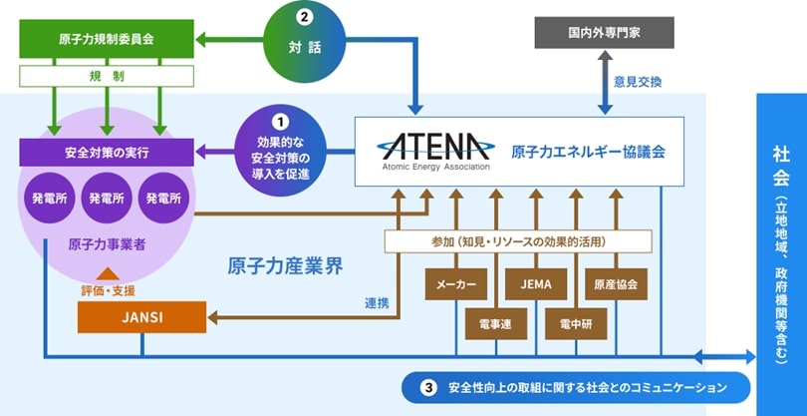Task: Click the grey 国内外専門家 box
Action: tap(604, 32)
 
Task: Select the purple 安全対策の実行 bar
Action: tap(106, 153)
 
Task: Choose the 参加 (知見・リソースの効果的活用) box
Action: tap(518, 241)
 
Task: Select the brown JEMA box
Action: tap(535, 284)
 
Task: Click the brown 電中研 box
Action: tap(575, 323)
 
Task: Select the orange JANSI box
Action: tap(141, 317)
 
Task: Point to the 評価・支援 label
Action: tap(108, 290)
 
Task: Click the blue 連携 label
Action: tap(376, 303)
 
